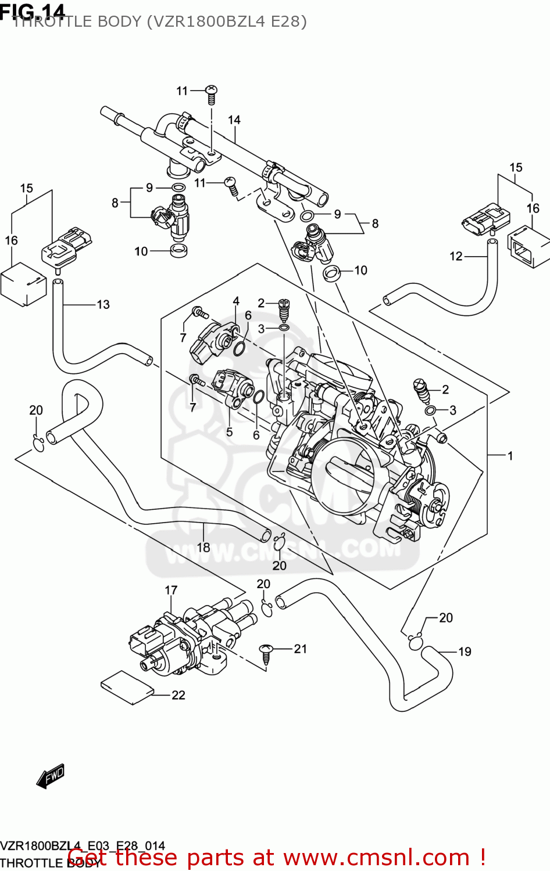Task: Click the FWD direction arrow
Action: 51,776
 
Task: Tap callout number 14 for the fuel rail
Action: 234,120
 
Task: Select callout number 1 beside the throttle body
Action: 510,456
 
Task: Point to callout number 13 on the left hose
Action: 103,304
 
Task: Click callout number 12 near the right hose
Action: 456,256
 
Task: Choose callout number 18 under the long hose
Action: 203,547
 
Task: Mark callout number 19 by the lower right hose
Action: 465,652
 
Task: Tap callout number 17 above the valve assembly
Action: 171,590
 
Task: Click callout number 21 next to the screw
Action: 300,649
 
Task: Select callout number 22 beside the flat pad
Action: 178,695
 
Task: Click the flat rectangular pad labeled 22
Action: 127,688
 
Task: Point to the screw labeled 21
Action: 267,653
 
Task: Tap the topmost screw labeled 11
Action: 212,93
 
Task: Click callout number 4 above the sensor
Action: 236,301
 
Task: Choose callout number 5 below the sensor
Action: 230,432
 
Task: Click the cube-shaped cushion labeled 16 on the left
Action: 23,284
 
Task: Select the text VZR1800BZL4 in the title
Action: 206,21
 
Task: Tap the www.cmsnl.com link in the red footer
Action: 376,857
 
